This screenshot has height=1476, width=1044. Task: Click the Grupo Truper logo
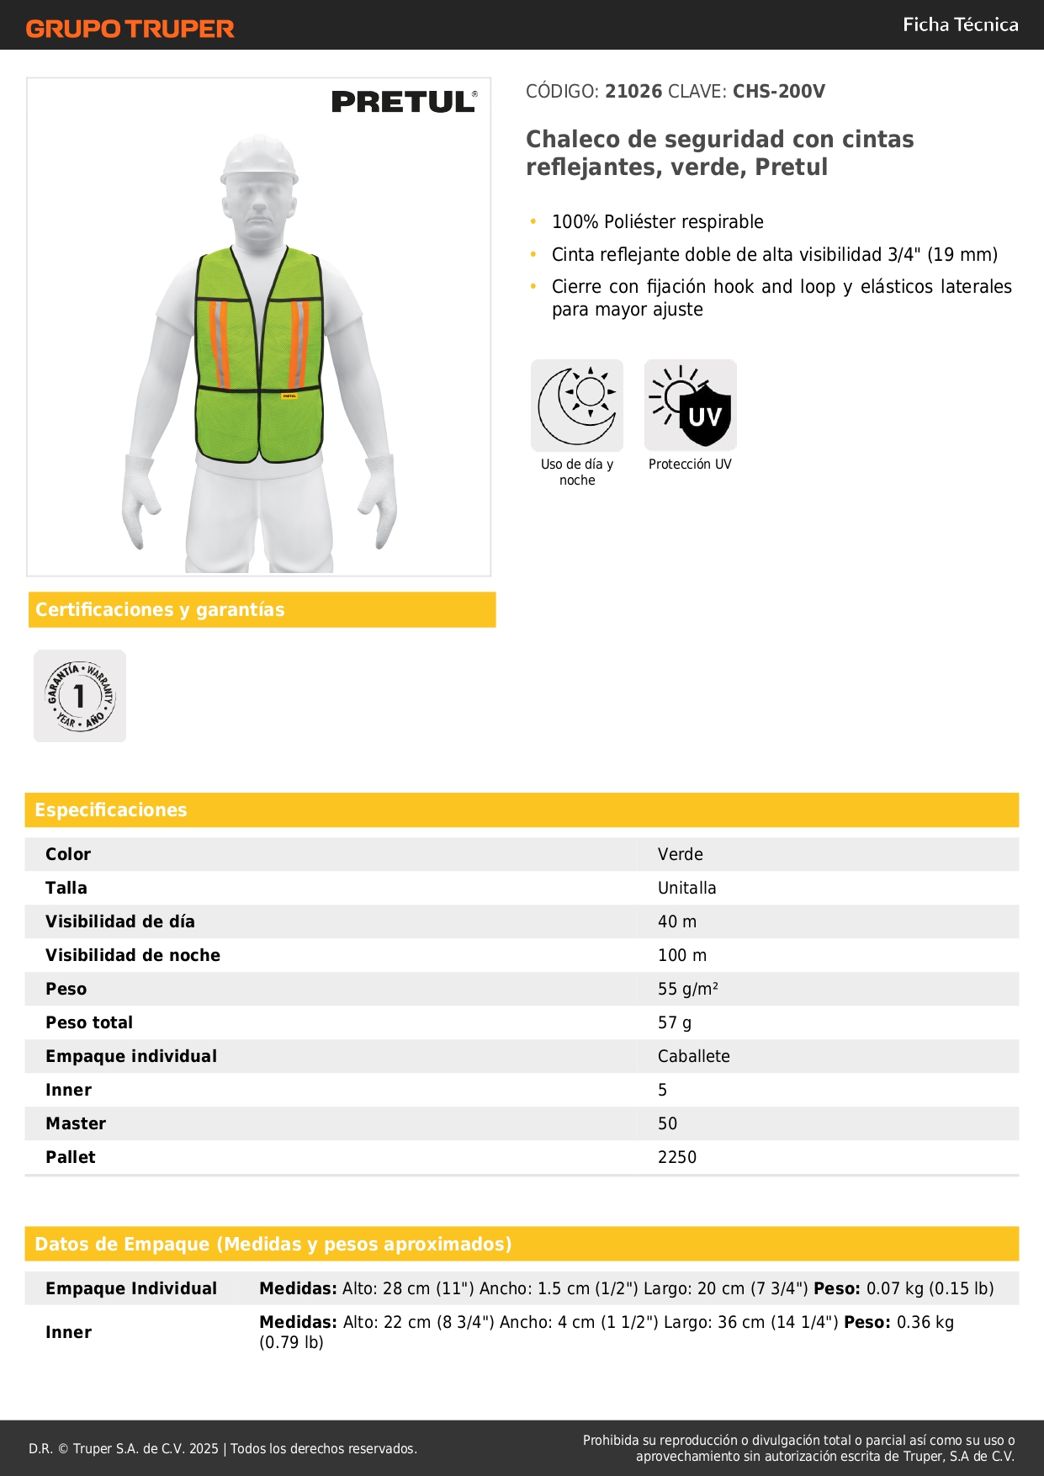[130, 29]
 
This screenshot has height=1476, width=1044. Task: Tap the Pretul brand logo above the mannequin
[404, 102]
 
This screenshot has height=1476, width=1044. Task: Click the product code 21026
[633, 92]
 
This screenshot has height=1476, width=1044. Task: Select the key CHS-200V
[778, 92]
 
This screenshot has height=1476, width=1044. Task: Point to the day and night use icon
[577, 406]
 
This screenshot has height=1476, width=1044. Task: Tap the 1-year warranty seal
[80, 696]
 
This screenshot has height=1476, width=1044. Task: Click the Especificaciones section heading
[111, 810]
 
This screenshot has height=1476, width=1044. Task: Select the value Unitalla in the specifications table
[686, 888]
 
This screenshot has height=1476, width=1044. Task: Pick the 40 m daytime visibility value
[676, 921]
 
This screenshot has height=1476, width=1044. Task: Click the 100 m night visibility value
[681, 955]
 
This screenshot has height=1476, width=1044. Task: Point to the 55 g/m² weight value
[687, 989]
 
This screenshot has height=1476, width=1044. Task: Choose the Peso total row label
[89, 1022]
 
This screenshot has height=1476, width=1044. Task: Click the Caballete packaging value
[693, 1056]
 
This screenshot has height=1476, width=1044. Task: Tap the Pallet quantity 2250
[676, 1157]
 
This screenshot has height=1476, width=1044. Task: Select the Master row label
[76, 1123]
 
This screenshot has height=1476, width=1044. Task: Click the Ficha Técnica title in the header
[960, 24]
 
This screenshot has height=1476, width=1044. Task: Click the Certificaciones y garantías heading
[160, 609]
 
